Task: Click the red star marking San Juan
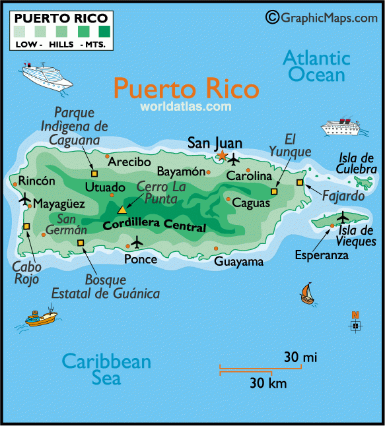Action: point(222,156)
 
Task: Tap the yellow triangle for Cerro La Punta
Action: point(122,210)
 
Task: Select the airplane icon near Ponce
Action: point(137,242)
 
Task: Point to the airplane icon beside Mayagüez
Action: point(26,198)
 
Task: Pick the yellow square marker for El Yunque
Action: point(275,191)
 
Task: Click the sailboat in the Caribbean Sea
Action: point(306,292)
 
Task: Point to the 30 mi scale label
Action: point(300,357)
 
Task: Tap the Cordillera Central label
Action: point(154,227)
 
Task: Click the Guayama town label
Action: point(238,261)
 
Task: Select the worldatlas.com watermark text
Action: point(185,106)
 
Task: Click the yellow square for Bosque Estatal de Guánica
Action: point(81,243)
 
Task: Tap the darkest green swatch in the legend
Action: point(104,30)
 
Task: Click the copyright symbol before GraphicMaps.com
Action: point(271,16)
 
